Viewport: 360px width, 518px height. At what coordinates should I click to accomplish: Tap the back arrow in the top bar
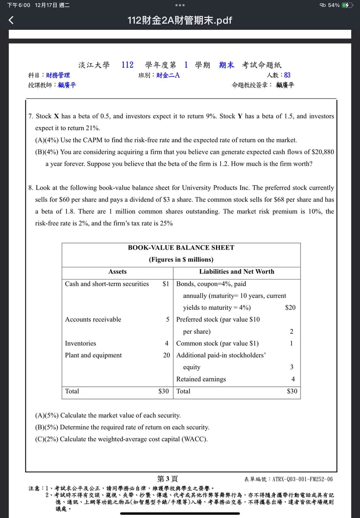[11, 20]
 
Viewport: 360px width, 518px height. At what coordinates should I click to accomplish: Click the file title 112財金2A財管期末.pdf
[180, 20]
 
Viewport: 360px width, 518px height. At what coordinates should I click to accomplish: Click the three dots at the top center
[180, 5]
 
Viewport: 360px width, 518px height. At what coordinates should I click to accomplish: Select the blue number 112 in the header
[127, 65]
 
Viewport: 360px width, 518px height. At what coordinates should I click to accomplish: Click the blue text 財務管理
[58, 75]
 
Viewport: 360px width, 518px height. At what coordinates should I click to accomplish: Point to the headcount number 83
[287, 75]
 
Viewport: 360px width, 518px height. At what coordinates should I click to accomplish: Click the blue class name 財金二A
[168, 75]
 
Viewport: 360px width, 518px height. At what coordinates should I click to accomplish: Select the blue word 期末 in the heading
[226, 65]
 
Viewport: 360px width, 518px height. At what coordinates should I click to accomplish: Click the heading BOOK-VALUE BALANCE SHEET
[181, 247]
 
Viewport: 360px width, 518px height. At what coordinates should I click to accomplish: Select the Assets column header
[117, 271]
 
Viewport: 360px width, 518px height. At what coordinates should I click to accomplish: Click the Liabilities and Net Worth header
[236, 271]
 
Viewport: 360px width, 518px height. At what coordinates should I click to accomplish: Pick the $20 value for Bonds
[290, 307]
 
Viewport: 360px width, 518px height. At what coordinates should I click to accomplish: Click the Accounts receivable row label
[93, 320]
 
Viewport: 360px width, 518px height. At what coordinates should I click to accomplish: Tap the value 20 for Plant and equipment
[166, 355]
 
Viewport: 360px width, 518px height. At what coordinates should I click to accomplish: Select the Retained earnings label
[201, 379]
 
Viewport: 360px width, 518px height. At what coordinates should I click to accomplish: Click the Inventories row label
[81, 343]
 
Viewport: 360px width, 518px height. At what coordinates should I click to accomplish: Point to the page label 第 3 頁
[168, 479]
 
